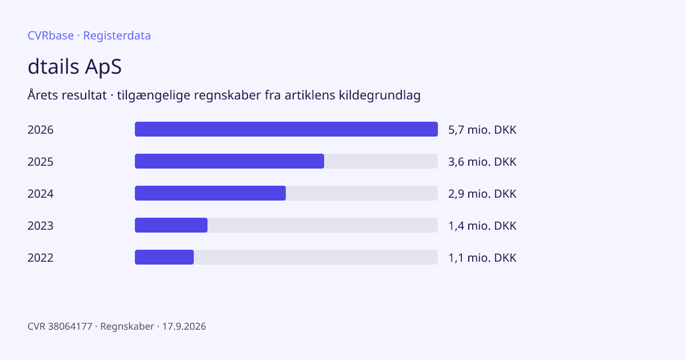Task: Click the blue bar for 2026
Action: pos(286,129)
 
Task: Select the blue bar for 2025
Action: pos(229,161)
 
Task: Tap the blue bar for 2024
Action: pos(210,193)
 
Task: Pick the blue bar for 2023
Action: pos(171,225)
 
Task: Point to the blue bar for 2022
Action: pos(164,257)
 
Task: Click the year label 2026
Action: pos(41,130)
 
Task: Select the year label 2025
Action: pos(41,162)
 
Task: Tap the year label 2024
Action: pos(41,194)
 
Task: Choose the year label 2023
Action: pos(41,226)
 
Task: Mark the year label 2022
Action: pos(41,258)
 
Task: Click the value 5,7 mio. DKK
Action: pos(482,130)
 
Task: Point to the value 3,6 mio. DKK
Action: pos(482,162)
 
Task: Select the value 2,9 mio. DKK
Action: pos(482,194)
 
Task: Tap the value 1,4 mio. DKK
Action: pos(482,226)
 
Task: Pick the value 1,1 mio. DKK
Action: pos(482,258)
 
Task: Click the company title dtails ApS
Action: pos(75,66)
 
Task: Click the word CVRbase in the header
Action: pos(50,35)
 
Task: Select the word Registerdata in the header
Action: pos(117,35)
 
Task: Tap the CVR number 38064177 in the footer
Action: pos(70,326)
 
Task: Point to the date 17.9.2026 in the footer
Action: pos(184,326)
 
